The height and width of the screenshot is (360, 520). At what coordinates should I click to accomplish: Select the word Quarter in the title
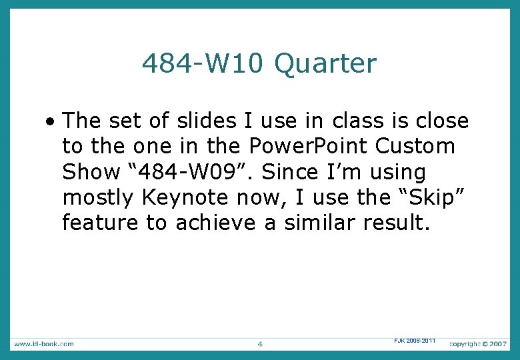(x=325, y=65)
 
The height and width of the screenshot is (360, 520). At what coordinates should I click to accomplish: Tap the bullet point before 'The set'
(x=51, y=122)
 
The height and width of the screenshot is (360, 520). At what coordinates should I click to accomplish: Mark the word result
(x=399, y=223)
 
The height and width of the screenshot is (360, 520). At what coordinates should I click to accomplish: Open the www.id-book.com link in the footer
(x=43, y=343)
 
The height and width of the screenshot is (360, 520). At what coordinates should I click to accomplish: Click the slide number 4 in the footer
(x=260, y=344)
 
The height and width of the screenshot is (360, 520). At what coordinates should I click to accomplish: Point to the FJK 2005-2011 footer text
(x=414, y=341)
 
